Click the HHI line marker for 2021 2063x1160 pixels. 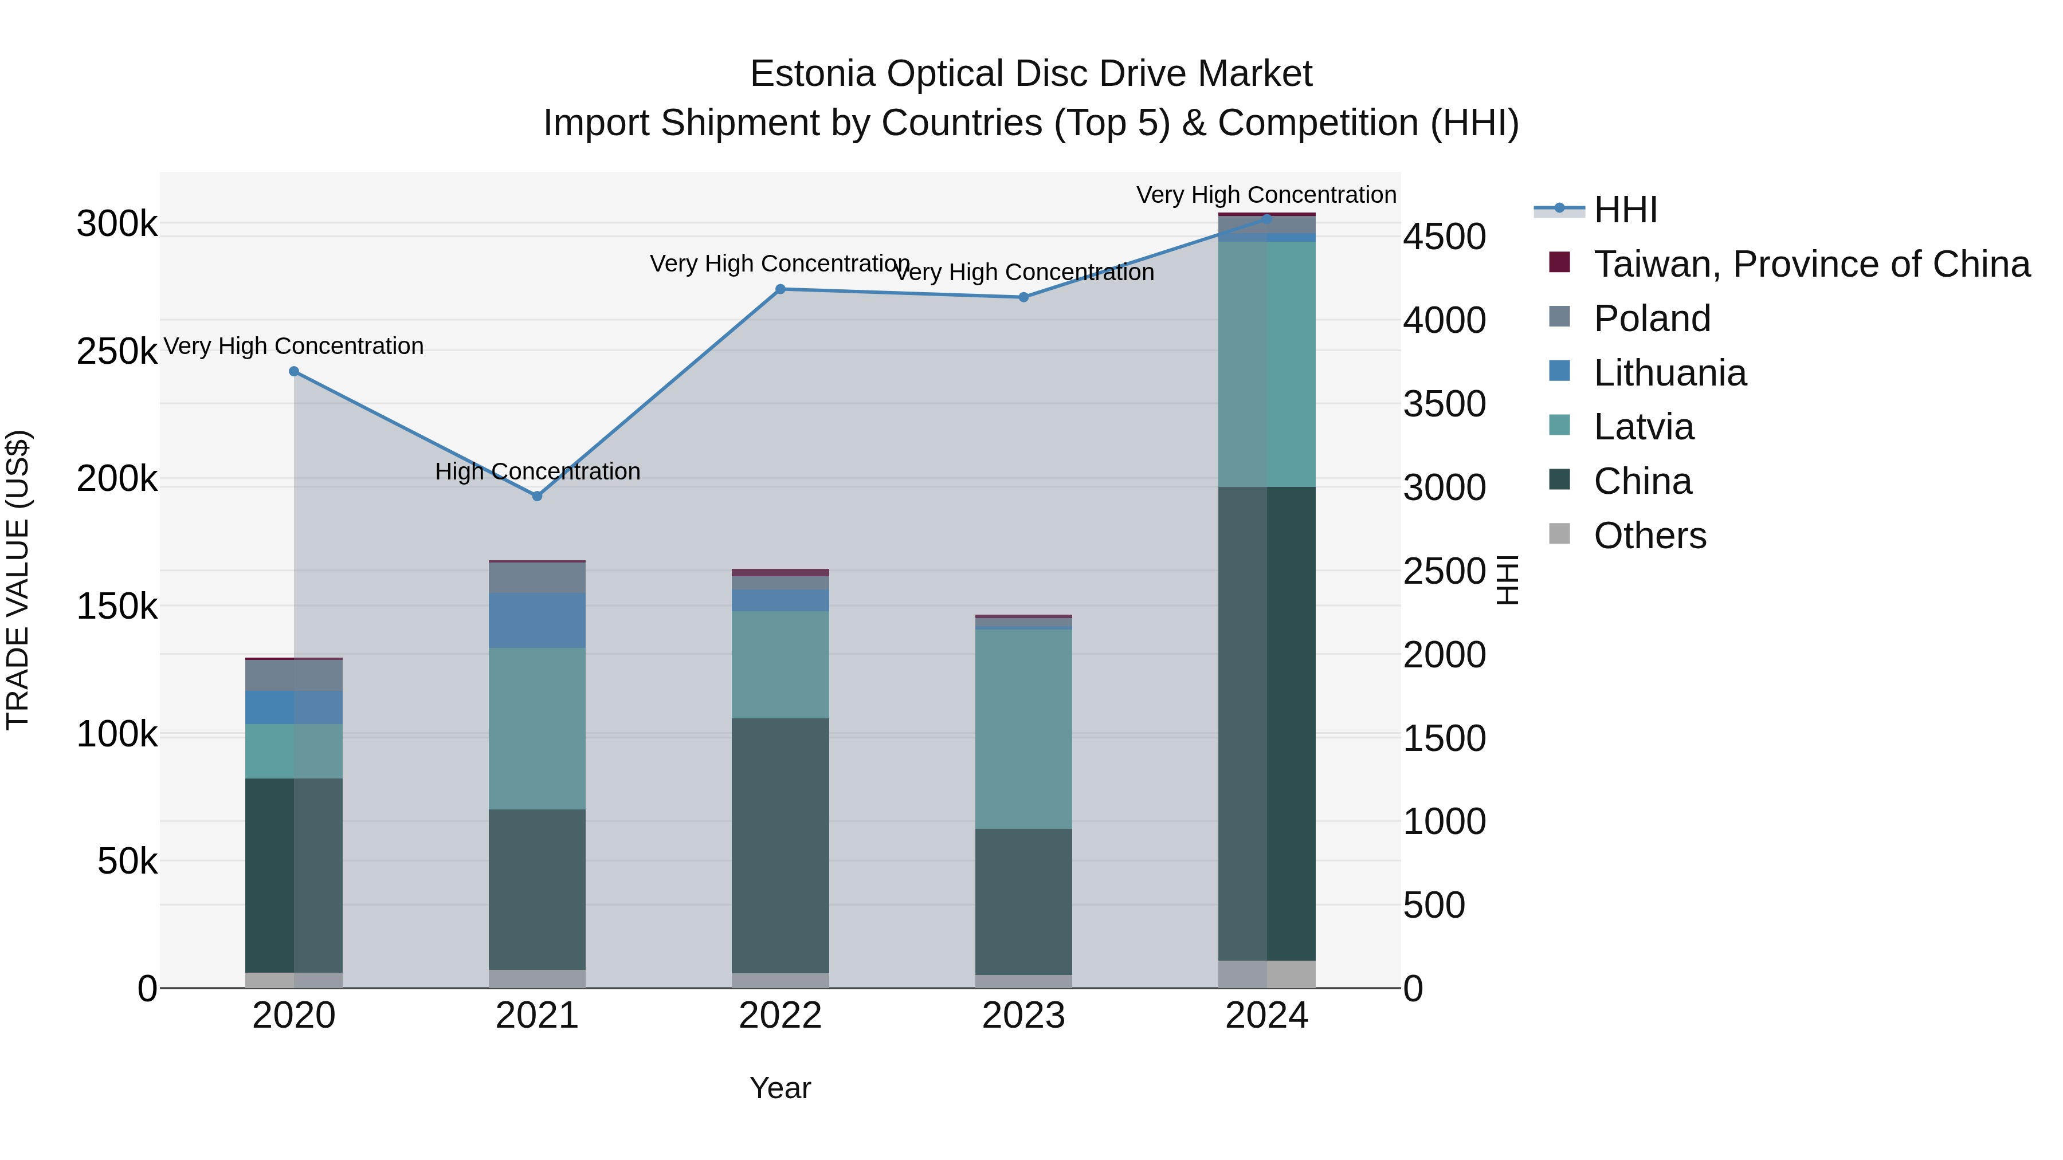[x=538, y=496]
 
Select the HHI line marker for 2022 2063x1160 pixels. [x=781, y=289]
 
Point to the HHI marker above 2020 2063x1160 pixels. [x=294, y=371]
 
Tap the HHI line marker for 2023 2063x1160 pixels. [x=1023, y=297]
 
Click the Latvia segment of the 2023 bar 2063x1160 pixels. [x=1023, y=729]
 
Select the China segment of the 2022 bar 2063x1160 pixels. [x=781, y=844]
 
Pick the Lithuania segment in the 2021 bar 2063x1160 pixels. [x=538, y=620]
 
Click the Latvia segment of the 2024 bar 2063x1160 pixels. [x=1267, y=364]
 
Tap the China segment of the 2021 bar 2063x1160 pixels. [x=538, y=888]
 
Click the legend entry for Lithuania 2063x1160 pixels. [x=1670, y=373]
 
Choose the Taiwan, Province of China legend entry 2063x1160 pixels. [x=1811, y=264]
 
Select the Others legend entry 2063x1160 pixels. [x=1650, y=536]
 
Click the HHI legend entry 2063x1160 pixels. [x=1625, y=210]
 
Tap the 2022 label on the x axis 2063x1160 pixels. [x=781, y=1016]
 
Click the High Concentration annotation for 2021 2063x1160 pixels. [x=538, y=471]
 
